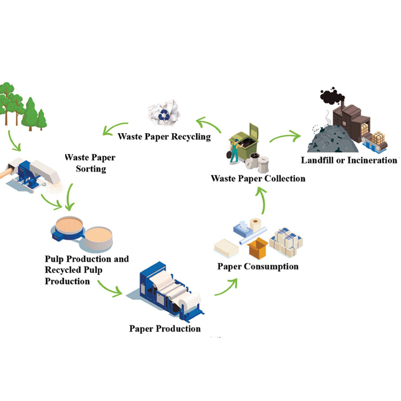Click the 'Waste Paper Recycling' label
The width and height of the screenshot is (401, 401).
point(164,137)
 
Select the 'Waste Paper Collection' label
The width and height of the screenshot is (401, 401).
point(258,178)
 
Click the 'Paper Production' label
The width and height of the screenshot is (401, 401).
point(165,328)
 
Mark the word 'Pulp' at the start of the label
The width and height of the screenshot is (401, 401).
point(55,259)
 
